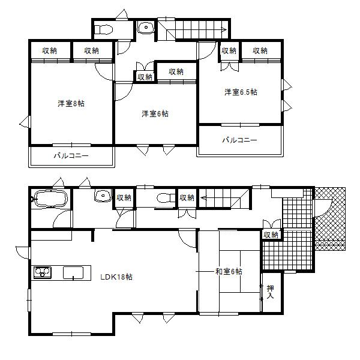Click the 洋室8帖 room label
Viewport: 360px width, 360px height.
coord(71,104)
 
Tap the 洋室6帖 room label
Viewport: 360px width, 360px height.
coord(154,113)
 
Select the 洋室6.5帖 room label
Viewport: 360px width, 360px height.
coord(241,92)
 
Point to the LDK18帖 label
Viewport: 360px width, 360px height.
coord(116,277)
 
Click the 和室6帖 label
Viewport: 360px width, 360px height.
coord(229,272)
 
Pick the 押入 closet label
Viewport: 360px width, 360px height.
coord(270,292)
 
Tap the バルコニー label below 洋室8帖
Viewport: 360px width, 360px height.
coord(71,155)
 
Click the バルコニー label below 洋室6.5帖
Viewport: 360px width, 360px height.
coord(239,140)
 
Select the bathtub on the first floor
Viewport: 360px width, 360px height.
coord(51,199)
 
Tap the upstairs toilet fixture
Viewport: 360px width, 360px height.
coord(104,28)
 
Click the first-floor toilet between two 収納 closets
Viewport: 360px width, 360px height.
coord(164,198)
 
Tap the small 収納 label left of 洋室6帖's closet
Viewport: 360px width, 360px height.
coord(145,76)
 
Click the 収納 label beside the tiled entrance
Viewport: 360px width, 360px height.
coord(271,235)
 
